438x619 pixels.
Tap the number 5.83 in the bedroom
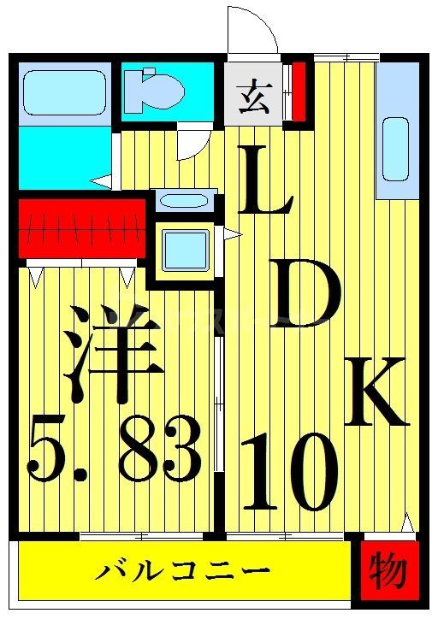click(x=115, y=448)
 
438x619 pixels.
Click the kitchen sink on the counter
click(x=395, y=147)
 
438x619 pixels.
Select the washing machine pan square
click(x=184, y=249)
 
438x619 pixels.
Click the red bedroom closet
click(x=81, y=227)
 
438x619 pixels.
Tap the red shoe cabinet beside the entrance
click(x=299, y=91)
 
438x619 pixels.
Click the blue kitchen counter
click(x=396, y=128)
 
